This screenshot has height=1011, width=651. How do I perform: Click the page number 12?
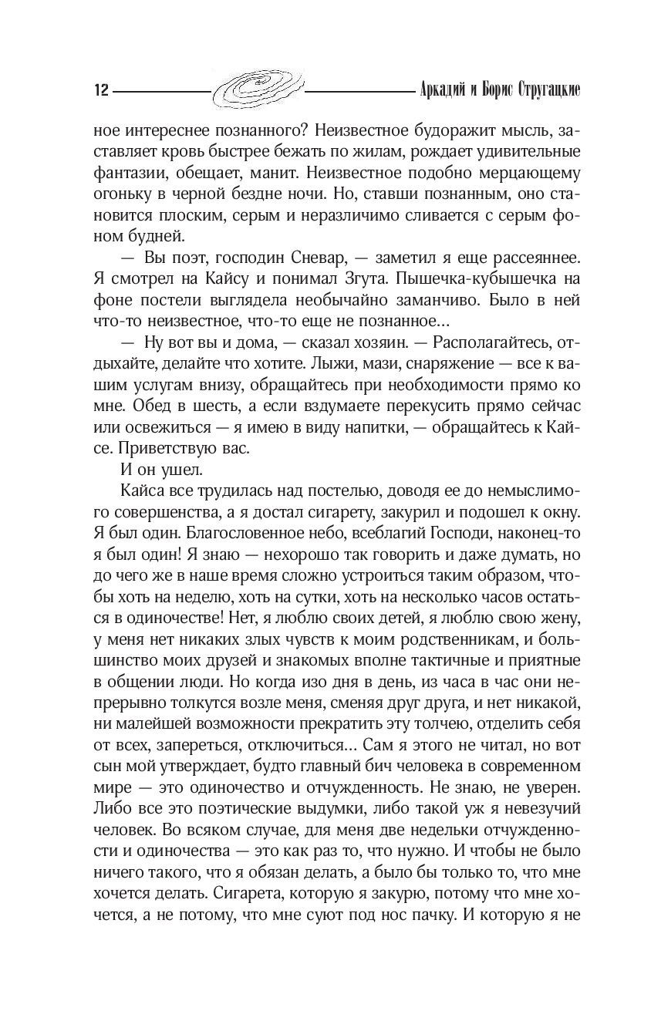tap(98, 90)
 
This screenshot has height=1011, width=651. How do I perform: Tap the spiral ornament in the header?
tap(258, 89)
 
